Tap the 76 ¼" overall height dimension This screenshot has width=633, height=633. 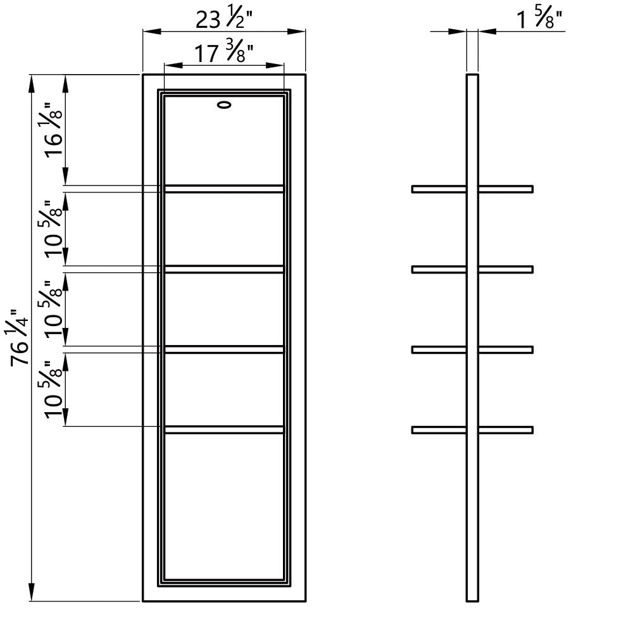[19, 337]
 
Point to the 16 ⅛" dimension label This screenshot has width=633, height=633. [53, 130]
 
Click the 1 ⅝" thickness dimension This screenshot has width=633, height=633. [540, 19]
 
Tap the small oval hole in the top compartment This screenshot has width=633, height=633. [224, 105]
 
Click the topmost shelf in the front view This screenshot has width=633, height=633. [224, 189]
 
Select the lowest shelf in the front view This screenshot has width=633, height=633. [224, 430]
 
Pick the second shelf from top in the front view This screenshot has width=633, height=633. [224, 269]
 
